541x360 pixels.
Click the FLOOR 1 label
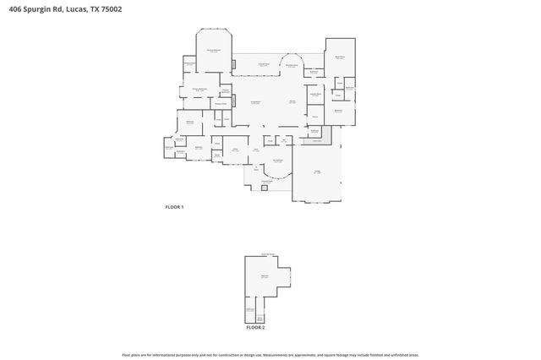click(173, 207)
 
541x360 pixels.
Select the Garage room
click(318, 172)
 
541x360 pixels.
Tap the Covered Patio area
click(264, 65)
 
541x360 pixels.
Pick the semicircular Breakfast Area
click(292, 65)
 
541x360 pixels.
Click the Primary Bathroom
click(200, 90)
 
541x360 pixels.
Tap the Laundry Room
click(314, 95)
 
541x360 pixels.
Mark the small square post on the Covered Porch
click(265, 188)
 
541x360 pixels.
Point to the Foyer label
click(256, 150)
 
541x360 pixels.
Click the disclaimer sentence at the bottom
click(270, 355)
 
